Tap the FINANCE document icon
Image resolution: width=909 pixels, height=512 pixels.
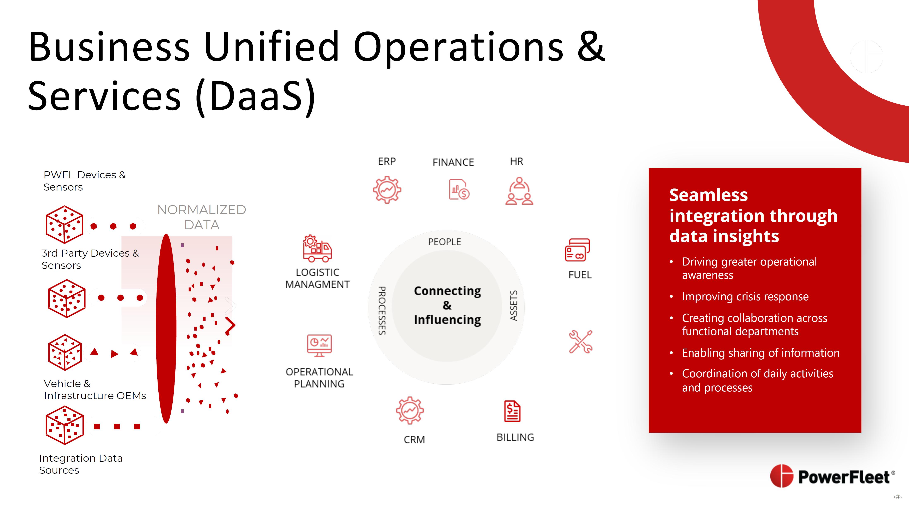(459, 190)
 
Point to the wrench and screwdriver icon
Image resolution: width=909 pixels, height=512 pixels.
(580, 342)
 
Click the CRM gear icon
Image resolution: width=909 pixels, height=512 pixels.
(410, 410)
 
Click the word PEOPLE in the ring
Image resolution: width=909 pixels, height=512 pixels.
(445, 242)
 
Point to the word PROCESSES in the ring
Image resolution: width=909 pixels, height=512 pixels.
(382, 311)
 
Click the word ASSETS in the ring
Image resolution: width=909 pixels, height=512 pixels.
(514, 306)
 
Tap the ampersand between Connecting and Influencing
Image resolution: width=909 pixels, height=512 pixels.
(447, 305)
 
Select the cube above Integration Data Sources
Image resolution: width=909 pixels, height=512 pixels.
(65, 425)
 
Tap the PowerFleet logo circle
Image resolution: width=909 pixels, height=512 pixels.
(782, 476)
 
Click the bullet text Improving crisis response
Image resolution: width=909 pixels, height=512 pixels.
(745, 296)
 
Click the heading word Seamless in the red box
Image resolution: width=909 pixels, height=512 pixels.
(709, 195)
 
